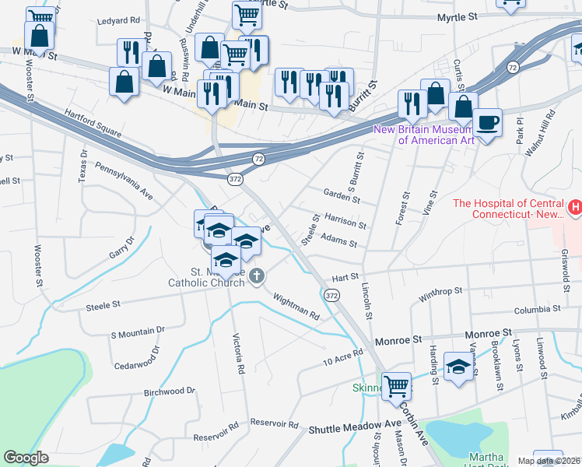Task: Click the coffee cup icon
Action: [x=487, y=122]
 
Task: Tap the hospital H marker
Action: [x=575, y=208]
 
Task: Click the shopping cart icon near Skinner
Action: [x=397, y=384]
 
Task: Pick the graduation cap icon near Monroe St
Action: [x=459, y=365]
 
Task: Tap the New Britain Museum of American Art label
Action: [x=435, y=135]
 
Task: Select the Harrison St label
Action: [x=345, y=222]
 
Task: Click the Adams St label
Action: [x=338, y=243]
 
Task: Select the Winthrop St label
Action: [x=440, y=293]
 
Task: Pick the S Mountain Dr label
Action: [x=138, y=332]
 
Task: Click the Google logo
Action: [x=26, y=457]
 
